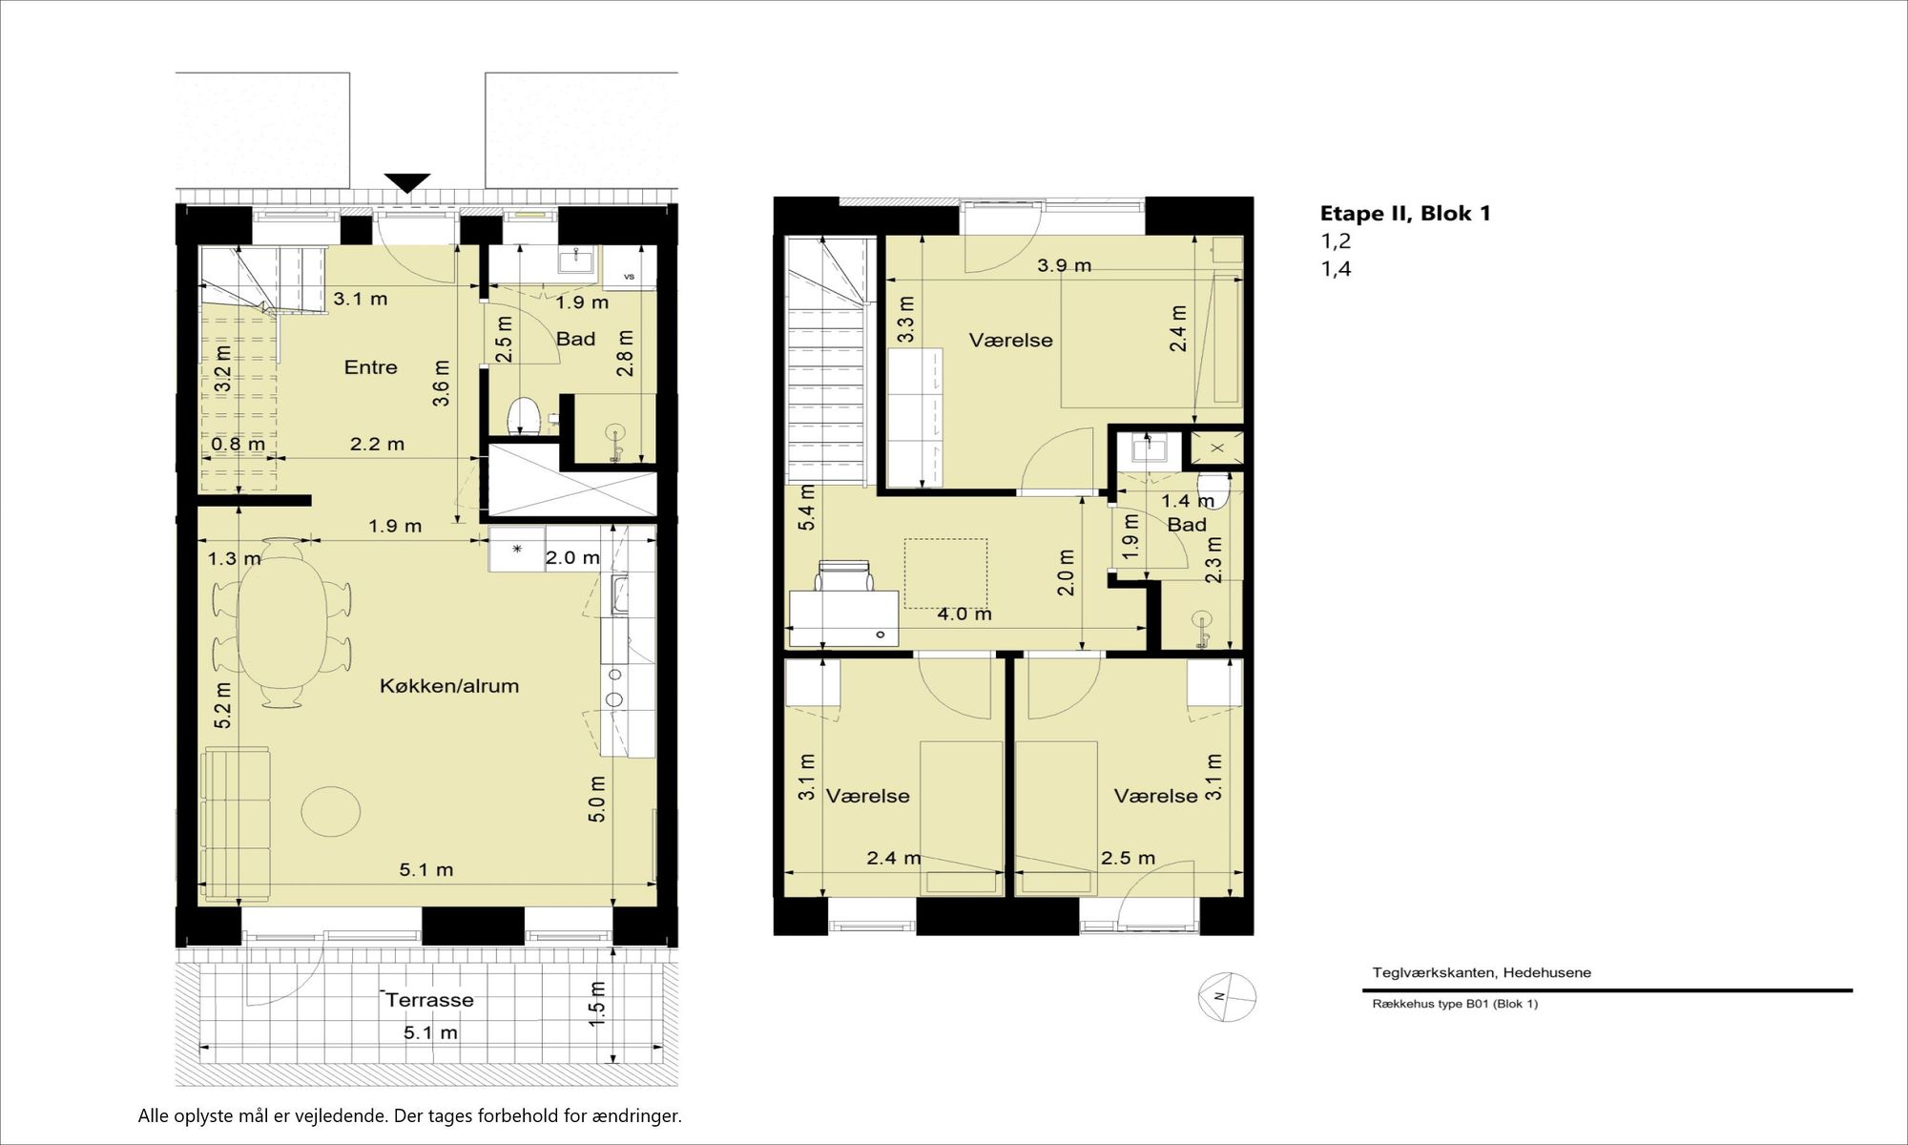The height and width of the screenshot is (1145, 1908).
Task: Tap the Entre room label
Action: [370, 367]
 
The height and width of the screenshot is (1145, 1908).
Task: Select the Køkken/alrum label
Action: [449, 686]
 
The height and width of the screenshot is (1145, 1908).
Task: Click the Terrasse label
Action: [430, 1000]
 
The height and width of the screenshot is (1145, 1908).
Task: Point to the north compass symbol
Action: [1227, 997]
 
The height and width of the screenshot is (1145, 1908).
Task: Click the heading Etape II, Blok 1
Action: [1405, 213]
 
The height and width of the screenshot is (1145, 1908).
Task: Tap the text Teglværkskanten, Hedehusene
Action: [1482, 973]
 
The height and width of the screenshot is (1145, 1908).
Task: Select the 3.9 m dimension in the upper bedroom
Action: [1065, 265]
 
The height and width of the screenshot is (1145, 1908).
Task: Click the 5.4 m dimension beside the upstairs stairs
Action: [807, 508]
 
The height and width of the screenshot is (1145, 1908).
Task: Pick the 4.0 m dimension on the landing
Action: [964, 614]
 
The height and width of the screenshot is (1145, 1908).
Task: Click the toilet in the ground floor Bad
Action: [521, 416]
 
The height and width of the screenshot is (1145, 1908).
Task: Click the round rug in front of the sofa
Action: [331, 811]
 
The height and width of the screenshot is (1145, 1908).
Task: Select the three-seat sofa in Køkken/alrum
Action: [237, 825]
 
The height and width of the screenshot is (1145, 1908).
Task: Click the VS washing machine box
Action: [629, 268]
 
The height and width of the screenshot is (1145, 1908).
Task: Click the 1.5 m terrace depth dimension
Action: [597, 1005]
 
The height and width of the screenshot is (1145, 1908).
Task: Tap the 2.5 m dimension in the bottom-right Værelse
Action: [1129, 859]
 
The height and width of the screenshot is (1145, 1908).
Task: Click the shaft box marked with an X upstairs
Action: [1217, 448]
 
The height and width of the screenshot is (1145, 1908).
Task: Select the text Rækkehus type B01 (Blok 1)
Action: [1455, 1004]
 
